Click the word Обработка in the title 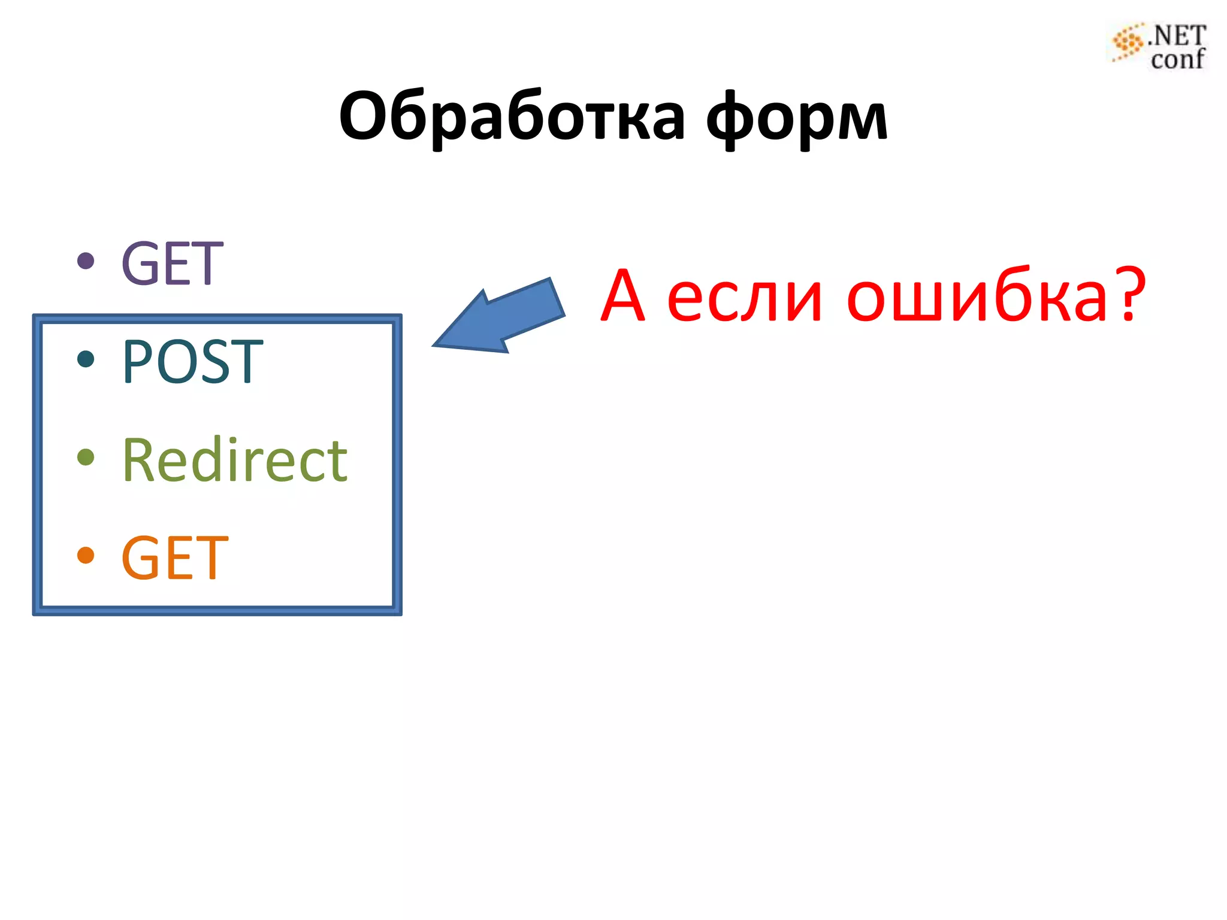click(x=512, y=117)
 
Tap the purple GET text click(x=172, y=264)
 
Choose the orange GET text click(x=174, y=558)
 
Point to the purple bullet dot click(x=86, y=261)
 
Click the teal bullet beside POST click(x=86, y=359)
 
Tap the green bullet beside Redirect click(x=86, y=457)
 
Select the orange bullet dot click(x=86, y=555)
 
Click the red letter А click(x=623, y=296)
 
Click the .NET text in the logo click(x=1177, y=36)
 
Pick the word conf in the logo click(x=1177, y=59)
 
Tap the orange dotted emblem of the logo click(x=1127, y=43)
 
